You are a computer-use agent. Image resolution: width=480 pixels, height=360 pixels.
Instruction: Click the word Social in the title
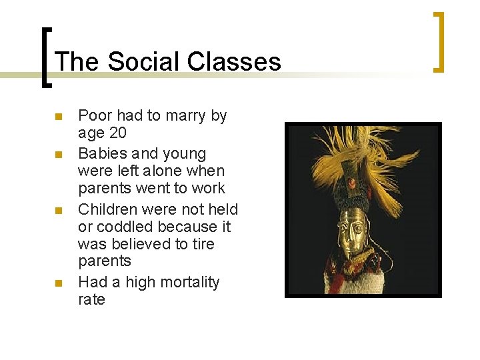point(143,62)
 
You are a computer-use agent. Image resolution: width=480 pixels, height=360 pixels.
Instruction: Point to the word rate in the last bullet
point(91,299)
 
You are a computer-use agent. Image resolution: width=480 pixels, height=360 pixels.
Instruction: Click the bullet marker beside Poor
point(58,117)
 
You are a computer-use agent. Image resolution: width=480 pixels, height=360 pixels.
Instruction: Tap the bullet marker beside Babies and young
point(58,155)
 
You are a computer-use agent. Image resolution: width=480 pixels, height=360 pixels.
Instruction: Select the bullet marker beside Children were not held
point(58,211)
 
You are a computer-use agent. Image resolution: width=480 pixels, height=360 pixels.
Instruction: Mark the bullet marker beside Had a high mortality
point(58,284)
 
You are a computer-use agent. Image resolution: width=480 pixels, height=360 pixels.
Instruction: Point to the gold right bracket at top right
point(439,41)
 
